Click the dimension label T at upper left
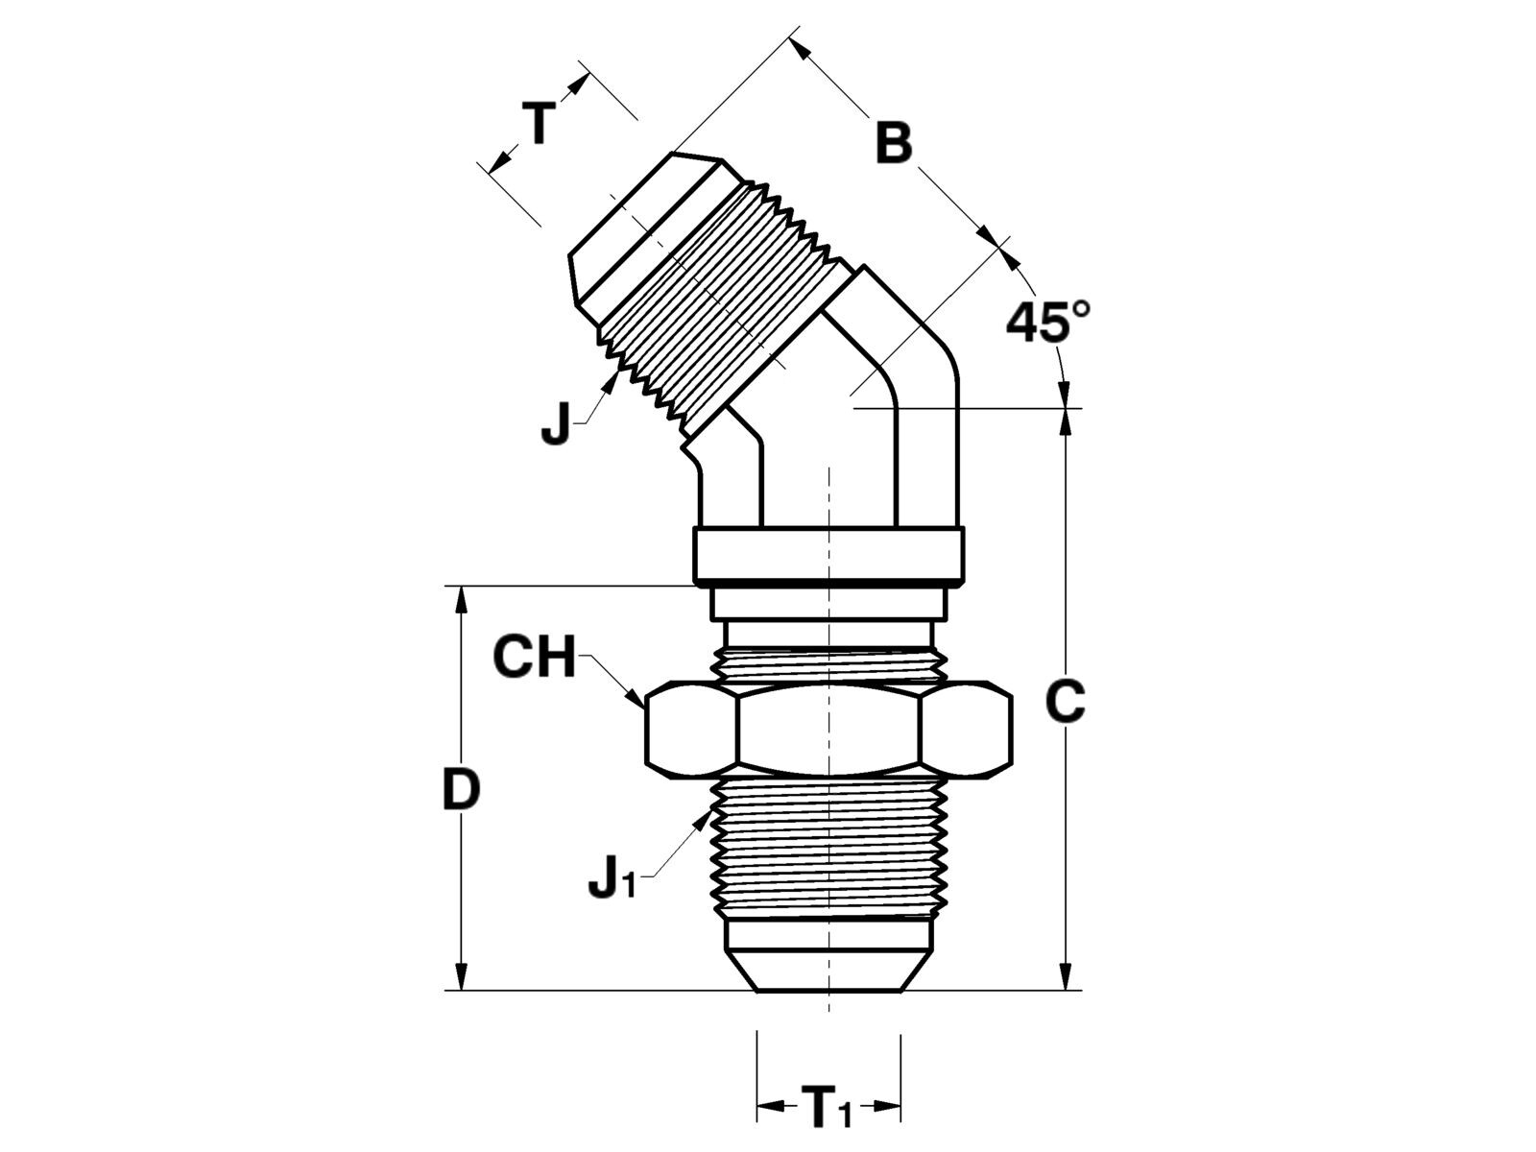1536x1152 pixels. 539,123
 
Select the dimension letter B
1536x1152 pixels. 895,143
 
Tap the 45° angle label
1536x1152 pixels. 1048,322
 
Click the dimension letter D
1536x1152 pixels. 462,790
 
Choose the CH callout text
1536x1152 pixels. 534,657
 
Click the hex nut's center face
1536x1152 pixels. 828,731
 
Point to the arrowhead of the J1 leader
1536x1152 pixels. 703,818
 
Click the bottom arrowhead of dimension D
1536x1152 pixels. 461,976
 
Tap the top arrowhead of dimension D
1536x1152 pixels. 461,600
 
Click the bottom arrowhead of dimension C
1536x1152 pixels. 1066,976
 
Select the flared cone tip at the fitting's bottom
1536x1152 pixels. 828,971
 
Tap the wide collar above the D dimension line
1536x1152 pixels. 828,555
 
